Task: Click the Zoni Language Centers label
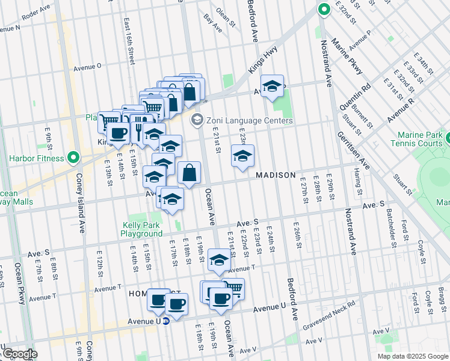click(250, 120)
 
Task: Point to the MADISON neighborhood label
click(276, 175)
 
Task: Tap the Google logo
click(19, 354)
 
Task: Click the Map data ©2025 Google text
click(413, 356)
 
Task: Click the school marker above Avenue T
click(219, 260)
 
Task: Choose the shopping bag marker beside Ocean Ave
click(189, 173)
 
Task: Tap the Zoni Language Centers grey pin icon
click(196, 120)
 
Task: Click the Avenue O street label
click(87, 67)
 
